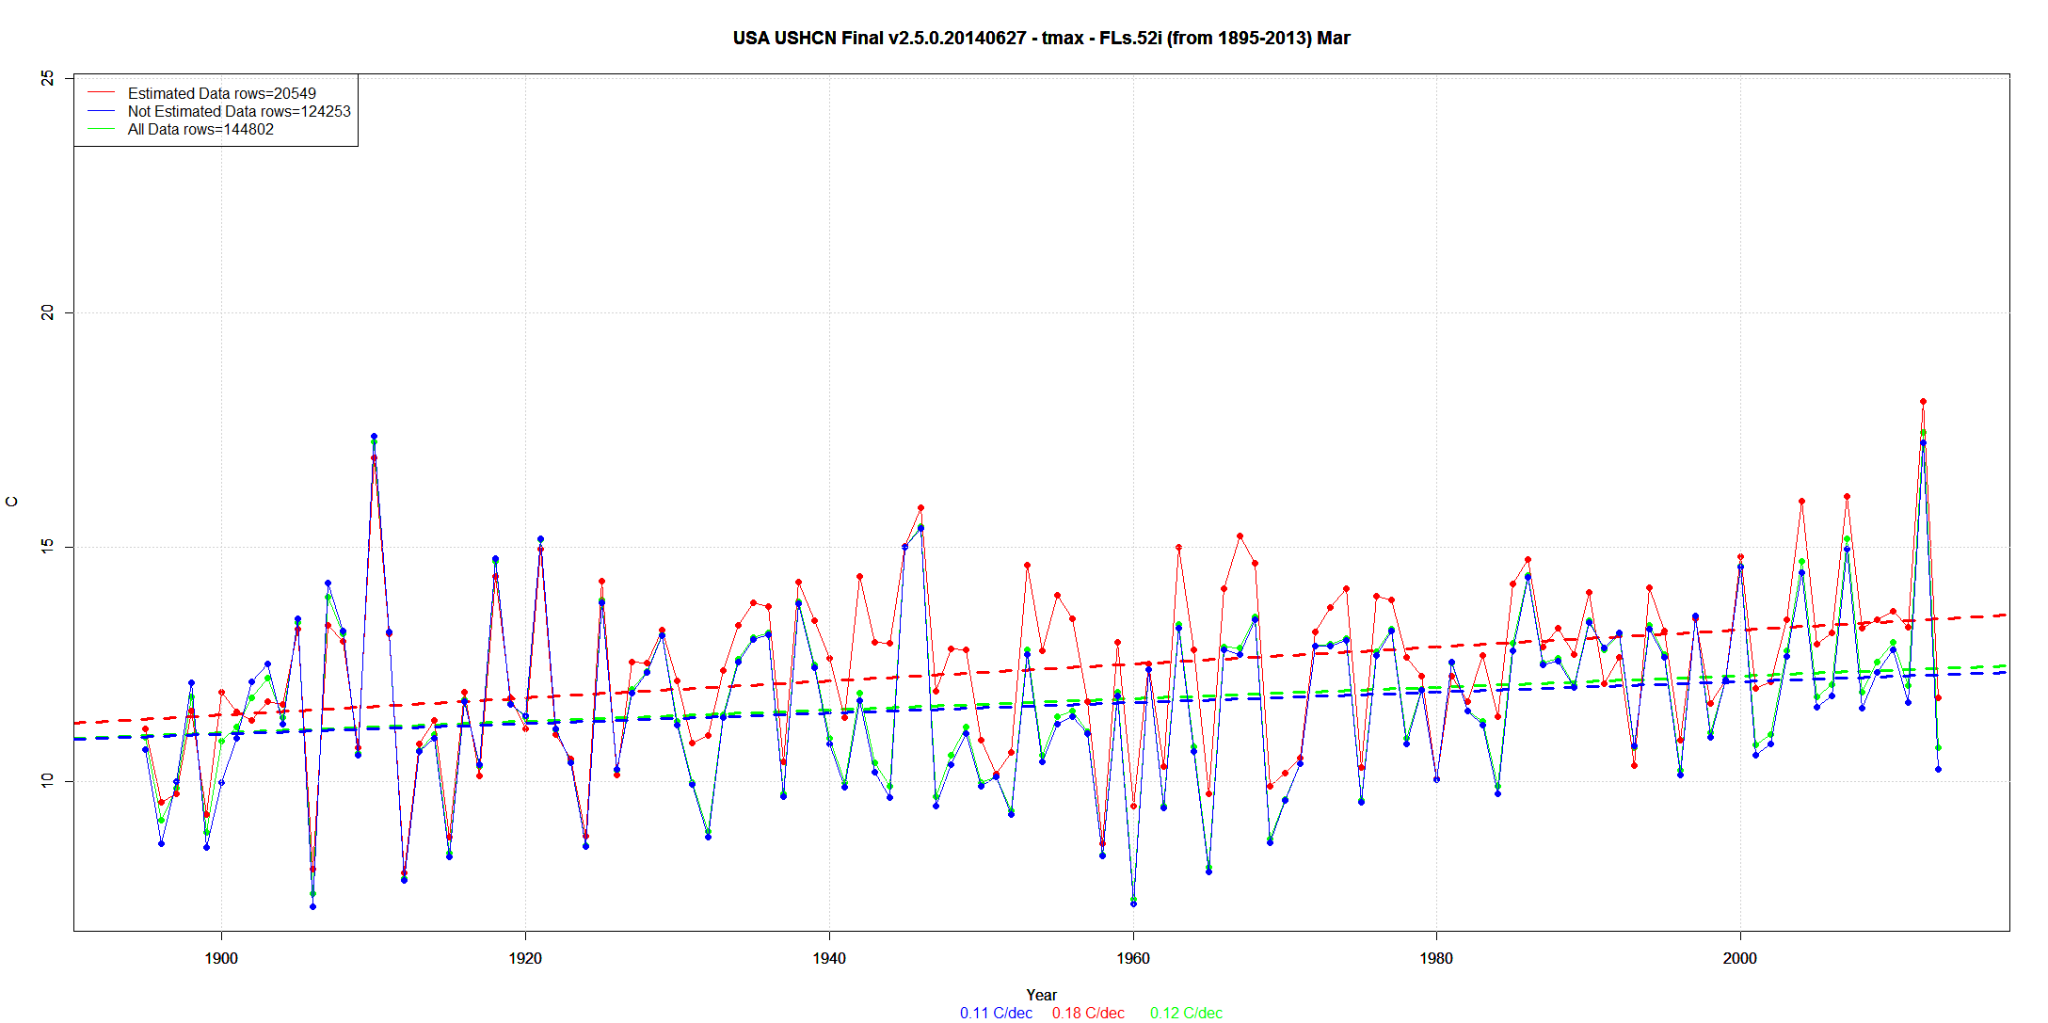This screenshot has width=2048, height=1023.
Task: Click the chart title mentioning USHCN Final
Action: tap(1041, 39)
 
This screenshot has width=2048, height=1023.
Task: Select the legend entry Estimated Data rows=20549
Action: tap(221, 93)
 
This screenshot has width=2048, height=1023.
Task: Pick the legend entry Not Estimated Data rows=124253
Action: tap(238, 111)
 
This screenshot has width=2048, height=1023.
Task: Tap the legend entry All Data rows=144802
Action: tap(200, 129)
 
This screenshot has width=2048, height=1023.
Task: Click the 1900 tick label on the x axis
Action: tap(221, 958)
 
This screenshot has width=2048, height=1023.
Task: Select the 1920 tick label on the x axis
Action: tap(525, 958)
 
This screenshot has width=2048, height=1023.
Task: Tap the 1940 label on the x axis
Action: tap(829, 958)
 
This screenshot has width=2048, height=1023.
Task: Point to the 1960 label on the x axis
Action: tap(1133, 958)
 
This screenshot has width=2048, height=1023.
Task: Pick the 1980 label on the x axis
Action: tap(1436, 958)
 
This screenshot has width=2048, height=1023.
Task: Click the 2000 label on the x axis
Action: tap(1740, 958)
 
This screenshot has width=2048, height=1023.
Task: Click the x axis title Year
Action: tap(1041, 995)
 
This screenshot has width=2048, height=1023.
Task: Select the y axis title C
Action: tap(12, 502)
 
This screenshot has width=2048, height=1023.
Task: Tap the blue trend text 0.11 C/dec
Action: tap(996, 1013)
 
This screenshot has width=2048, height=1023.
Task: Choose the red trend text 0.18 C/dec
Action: tap(1088, 1013)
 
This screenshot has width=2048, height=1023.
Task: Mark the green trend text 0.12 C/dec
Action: tap(1186, 1013)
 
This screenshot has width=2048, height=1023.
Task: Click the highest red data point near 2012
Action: tap(1923, 402)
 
